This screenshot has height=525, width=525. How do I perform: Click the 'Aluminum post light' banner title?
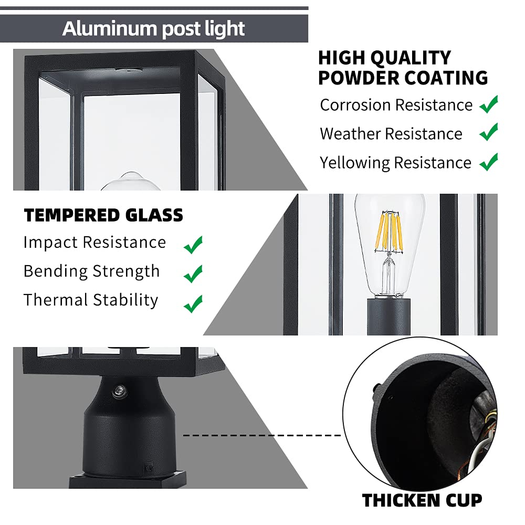click(153, 28)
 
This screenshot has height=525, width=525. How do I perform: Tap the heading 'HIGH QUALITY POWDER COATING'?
click(403, 68)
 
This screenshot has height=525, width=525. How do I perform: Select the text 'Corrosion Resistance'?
click(396, 105)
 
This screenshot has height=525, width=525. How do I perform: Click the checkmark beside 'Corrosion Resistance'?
click(489, 104)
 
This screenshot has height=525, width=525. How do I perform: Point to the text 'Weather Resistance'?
click(391, 134)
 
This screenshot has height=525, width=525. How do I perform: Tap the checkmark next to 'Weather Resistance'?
click(489, 132)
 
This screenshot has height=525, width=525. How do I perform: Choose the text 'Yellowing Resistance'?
click(395, 163)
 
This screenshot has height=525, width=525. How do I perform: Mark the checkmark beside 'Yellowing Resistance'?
click(489, 162)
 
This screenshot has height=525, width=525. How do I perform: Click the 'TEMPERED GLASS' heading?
click(103, 215)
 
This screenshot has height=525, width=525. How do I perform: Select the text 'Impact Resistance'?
click(94, 243)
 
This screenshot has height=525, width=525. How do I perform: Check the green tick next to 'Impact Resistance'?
click(193, 244)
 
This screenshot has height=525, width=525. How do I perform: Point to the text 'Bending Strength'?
click(91, 271)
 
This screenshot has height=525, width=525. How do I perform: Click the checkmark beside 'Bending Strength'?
click(193, 273)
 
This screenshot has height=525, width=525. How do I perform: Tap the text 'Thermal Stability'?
click(91, 300)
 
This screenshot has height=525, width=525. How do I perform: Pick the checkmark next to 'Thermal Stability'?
click(193, 302)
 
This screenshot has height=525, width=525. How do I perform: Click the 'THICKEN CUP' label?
click(422, 500)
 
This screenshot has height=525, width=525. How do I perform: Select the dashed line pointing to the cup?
click(262, 435)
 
